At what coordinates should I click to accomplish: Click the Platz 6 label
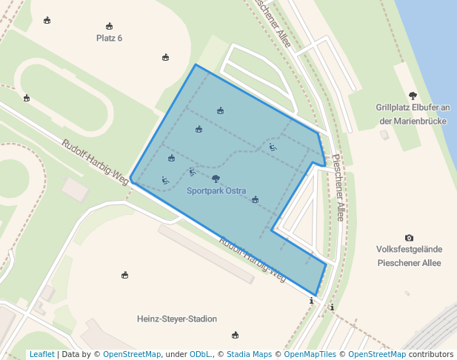pos(110,38)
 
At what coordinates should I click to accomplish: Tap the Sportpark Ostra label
pos(216,190)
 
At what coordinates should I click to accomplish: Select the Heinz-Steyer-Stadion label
pos(177,319)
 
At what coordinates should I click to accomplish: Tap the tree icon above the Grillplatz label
pos(413,95)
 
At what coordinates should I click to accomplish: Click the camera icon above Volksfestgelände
pos(409,238)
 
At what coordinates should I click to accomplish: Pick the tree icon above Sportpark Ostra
pos(216,179)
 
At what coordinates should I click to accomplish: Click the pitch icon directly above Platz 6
pos(110,26)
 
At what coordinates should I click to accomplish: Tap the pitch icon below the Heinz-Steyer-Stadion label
pos(236,335)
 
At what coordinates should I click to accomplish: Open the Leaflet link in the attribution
pos(41,355)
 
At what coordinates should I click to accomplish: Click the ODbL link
pos(201,355)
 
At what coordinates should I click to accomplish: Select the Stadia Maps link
pos(250,355)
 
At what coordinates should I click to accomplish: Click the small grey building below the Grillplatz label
pos(384,135)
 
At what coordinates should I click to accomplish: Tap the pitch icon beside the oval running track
pos(27,98)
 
